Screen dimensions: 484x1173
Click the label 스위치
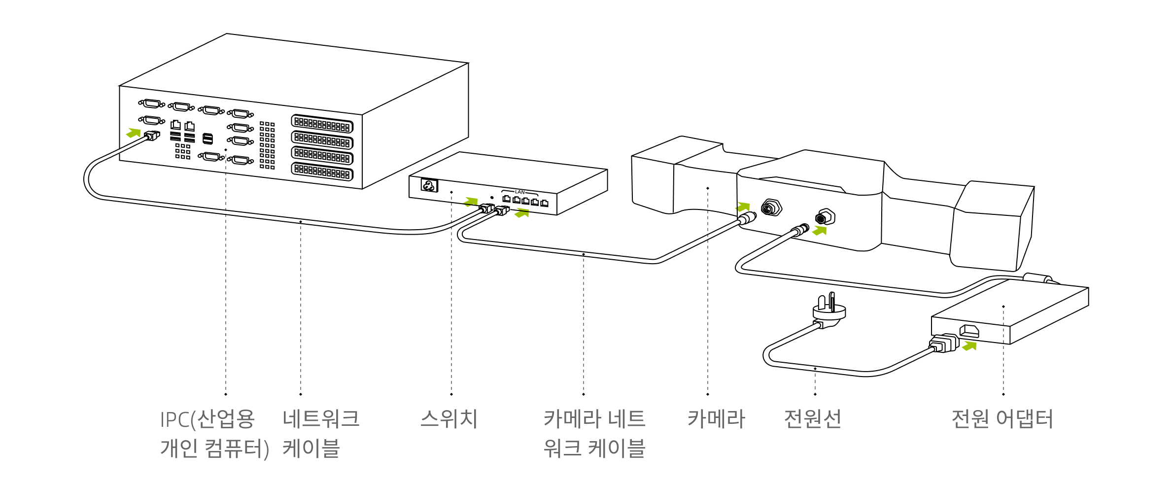coord(448,419)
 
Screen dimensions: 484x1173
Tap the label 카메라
coord(716,419)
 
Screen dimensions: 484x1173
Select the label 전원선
coord(812,419)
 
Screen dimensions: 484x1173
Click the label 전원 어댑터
coord(1002,419)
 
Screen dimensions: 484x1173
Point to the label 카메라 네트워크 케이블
coord(594,434)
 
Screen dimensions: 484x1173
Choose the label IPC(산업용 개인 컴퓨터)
coord(214,434)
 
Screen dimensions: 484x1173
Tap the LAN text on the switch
coord(519,192)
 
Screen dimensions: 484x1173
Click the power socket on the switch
coord(429,185)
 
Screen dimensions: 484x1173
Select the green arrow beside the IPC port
coord(134,133)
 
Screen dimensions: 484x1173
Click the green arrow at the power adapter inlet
coord(969,346)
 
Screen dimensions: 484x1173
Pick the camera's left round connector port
coord(771,208)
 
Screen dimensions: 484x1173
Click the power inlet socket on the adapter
coord(969,331)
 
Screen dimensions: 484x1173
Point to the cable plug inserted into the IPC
coord(152,136)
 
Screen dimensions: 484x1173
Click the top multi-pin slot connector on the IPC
coord(322,124)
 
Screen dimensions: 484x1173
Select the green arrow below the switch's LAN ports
coord(521,213)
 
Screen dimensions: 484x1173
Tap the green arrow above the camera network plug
coord(743,207)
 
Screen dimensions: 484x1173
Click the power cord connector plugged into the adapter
coord(943,343)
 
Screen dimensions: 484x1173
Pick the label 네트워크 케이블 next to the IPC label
coord(320,434)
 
